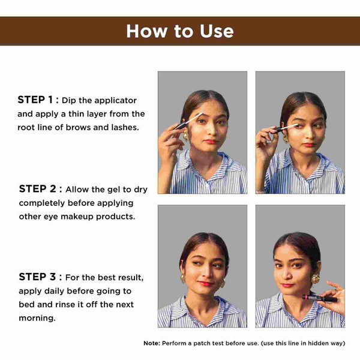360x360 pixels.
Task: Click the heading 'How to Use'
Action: tap(180, 31)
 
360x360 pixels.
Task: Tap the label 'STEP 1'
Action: tap(35, 100)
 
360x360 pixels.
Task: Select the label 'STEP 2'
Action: tap(37, 189)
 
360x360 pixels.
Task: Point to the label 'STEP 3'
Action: tap(37, 277)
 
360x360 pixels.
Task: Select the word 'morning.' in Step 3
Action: tap(37, 318)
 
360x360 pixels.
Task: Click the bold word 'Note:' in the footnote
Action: tap(152, 343)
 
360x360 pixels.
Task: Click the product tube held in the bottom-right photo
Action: tap(320, 298)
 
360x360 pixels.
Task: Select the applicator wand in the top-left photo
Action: tap(188, 121)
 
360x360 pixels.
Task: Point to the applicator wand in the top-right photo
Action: tap(286, 128)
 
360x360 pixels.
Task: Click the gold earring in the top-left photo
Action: tap(186, 136)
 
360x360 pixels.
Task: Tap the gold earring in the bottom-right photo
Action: tap(316, 278)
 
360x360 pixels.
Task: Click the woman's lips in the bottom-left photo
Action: tap(205, 284)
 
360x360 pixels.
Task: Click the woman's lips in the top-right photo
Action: tap(308, 145)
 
